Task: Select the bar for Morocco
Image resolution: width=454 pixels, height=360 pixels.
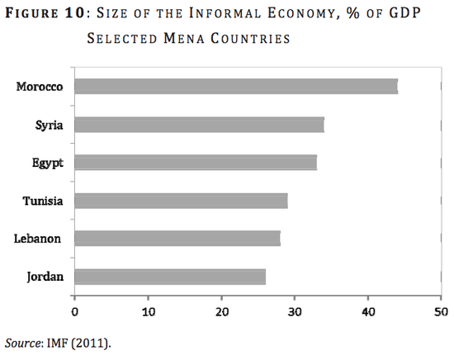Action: (236, 87)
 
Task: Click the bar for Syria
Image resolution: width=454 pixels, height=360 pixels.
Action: (199, 125)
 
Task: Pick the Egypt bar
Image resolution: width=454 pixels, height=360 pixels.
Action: (196, 163)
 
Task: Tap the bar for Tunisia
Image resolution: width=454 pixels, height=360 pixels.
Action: (181, 201)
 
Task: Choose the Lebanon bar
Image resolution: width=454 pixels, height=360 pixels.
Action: (177, 239)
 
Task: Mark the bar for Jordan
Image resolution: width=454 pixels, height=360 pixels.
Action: (170, 277)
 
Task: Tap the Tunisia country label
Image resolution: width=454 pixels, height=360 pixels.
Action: (46, 201)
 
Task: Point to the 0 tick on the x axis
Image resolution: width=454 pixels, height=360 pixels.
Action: (75, 312)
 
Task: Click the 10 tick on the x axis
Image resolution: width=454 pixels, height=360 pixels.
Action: (148, 312)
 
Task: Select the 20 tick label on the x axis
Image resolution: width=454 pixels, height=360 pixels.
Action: (221, 312)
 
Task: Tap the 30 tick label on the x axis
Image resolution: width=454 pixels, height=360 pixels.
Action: (295, 312)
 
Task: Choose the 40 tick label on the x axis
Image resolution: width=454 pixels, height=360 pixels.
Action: (367, 312)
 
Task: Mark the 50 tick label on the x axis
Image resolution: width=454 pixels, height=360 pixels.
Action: (441, 312)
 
